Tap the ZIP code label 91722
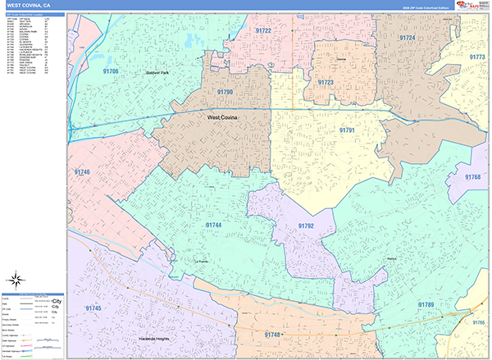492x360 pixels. coord(263,30)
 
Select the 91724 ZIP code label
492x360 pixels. coord(407,38)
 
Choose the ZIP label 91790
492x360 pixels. coord(225,93)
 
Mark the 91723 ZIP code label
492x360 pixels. coord(326,82)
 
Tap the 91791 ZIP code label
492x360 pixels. coord(348,130)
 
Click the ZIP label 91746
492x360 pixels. coord(82,172)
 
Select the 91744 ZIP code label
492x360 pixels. coord(213,225)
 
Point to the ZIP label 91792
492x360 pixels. coord(306,226)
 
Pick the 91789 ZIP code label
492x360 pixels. coord(426,304)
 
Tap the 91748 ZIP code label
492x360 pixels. coord(272,335)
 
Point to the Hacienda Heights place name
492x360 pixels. coord(155,338)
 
